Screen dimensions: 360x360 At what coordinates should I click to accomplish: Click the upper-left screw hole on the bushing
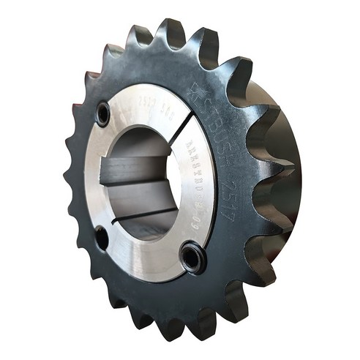(103, 113)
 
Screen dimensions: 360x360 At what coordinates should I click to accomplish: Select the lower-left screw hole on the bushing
(102, 238)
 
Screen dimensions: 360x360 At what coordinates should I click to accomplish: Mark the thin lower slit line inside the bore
(146, 217)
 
